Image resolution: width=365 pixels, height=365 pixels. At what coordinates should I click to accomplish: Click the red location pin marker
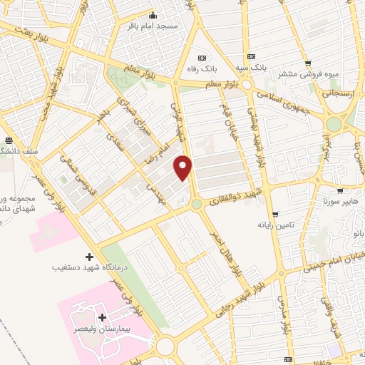click(184, 168)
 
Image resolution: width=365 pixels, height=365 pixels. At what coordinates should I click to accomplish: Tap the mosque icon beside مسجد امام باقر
click(153, 15)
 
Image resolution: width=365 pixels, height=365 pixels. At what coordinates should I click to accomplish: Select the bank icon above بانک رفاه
click(201, 57)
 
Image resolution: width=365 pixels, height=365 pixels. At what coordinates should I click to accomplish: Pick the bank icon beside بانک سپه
click(251, 56)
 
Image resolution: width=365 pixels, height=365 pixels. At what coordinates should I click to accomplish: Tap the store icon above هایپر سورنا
click(341, 190)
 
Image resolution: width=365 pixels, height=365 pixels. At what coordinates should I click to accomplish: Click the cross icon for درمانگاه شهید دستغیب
click(89, 257)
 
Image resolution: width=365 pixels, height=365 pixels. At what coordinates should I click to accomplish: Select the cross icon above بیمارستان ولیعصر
click(102, 318)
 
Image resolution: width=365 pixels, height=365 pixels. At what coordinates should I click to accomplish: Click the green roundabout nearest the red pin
click(195, 205)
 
